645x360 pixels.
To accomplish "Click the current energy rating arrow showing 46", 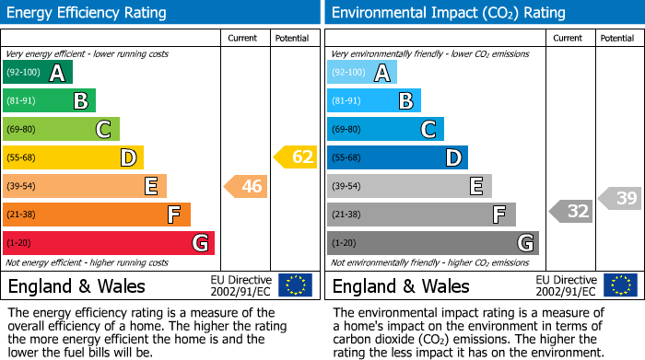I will point(246,187).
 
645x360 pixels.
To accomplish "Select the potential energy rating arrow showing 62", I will point(296,157).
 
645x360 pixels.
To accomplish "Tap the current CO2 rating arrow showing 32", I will point(571,211).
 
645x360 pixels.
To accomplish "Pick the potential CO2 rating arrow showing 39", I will point(620,198).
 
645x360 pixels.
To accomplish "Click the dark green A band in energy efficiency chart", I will point(38,73).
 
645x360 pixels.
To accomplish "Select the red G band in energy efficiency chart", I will point(109,243).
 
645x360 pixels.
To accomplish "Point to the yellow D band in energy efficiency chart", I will point(73,157).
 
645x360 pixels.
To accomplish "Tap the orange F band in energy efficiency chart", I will point(97,215).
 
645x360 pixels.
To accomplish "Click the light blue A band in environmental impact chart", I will point(362,73).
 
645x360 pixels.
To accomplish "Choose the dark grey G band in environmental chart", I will point(432,243).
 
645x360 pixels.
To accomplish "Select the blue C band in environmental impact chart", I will point(385,129).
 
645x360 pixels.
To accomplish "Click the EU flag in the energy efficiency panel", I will point(295,285).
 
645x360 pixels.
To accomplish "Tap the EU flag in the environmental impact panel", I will point(619,285).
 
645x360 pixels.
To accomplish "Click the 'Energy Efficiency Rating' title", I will point(88,13).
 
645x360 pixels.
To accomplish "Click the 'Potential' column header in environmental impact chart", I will point(617,38).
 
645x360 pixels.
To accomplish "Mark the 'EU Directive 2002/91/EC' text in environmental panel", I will point(566,285).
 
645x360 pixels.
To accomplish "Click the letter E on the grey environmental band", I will point(476,186).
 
